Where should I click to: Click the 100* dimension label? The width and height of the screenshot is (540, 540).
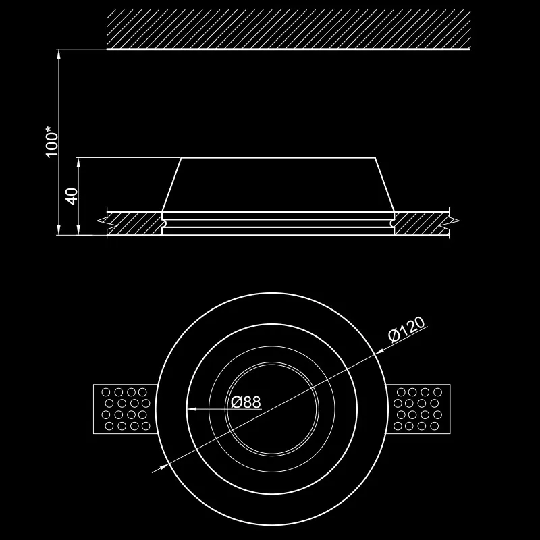point(52,142)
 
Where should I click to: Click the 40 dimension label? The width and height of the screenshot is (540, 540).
point(72,196)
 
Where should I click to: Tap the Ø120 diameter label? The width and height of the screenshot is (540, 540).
point(406,329)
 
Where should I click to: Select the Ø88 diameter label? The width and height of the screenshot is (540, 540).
point(246,402)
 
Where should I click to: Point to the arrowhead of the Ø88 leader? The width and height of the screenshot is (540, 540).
point(192,409)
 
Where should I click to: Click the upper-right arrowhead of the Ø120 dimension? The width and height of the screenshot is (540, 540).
point(379,351)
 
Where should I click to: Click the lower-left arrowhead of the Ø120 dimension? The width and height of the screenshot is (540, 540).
point(163,467)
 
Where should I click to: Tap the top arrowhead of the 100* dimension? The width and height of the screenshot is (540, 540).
point(59,54)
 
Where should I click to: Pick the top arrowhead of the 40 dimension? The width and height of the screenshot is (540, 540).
point(79,163)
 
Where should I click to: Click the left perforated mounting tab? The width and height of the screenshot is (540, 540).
point(126,409)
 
